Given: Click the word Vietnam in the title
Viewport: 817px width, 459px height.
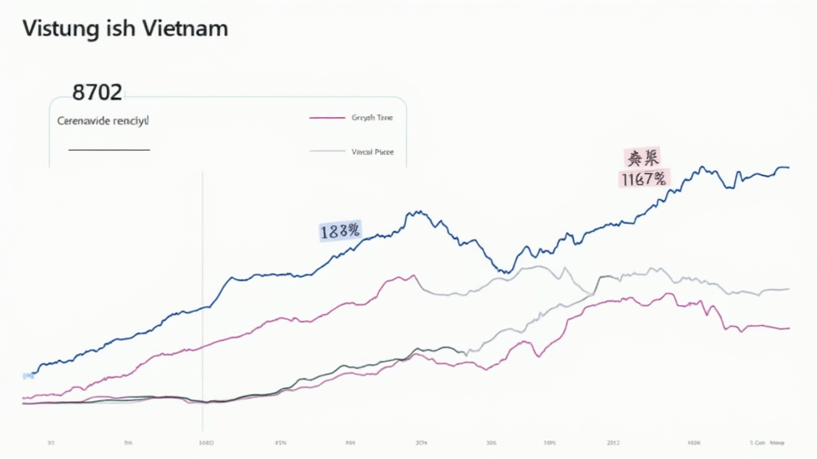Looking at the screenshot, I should [x=187, y=29].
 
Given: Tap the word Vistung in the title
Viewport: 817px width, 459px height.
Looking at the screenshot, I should [x=55, y=29].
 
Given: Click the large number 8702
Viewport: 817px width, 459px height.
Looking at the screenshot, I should [x=97, y=92].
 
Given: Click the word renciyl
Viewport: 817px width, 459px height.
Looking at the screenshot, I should [x=131, y=122].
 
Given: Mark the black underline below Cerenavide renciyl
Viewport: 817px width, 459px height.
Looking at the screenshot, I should [x=109, y=149].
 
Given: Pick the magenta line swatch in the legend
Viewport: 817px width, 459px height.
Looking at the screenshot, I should [x=325, y=118].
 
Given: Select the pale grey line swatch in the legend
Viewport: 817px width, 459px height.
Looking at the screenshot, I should [x=325, y=151].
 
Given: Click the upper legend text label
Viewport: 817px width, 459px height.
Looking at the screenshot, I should [x=373, y=118].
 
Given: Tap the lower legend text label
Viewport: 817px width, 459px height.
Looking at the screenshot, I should [x=373, y=151].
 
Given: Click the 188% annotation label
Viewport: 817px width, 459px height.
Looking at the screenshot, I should [x=340, y=231].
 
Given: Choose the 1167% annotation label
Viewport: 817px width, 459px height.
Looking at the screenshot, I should [x=643, y=179].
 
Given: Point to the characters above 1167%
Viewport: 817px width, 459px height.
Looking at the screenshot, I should [x=643, y=158].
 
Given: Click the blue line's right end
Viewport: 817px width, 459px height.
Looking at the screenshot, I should [x=788, y=167].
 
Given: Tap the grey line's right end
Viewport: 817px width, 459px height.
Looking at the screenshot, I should [x=788, y=288].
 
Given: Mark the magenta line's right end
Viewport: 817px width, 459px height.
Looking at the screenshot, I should [x=788, y=328].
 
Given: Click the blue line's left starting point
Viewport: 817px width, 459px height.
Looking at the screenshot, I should [x=30, y=373].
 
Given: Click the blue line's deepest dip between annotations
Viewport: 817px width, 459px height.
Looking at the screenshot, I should [x=503, y=272].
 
